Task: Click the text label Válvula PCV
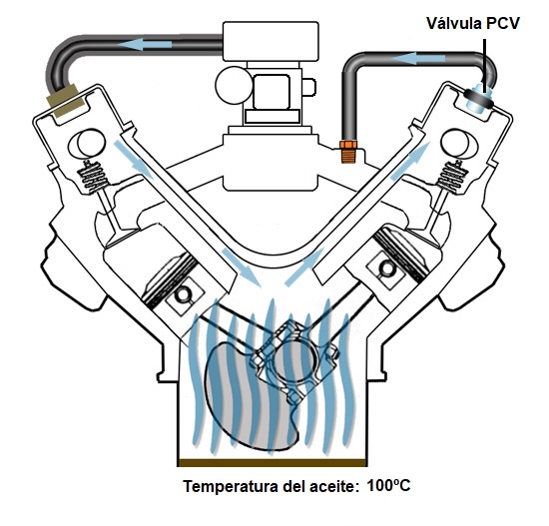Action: click(473, 24)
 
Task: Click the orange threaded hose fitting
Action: click(348, 152)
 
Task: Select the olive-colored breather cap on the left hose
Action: click(66, 101)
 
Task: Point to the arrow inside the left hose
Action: click(145, 45)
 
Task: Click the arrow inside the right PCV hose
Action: click(417, 59)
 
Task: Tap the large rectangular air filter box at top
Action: click(271, 41)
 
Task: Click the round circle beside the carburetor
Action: click(234, 85)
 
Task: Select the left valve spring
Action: click(92, 177)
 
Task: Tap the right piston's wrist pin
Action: click(386, 267)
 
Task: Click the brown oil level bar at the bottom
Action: click(273, 463)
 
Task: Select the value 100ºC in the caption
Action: click(388, 486)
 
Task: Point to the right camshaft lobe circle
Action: click(457, 143)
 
